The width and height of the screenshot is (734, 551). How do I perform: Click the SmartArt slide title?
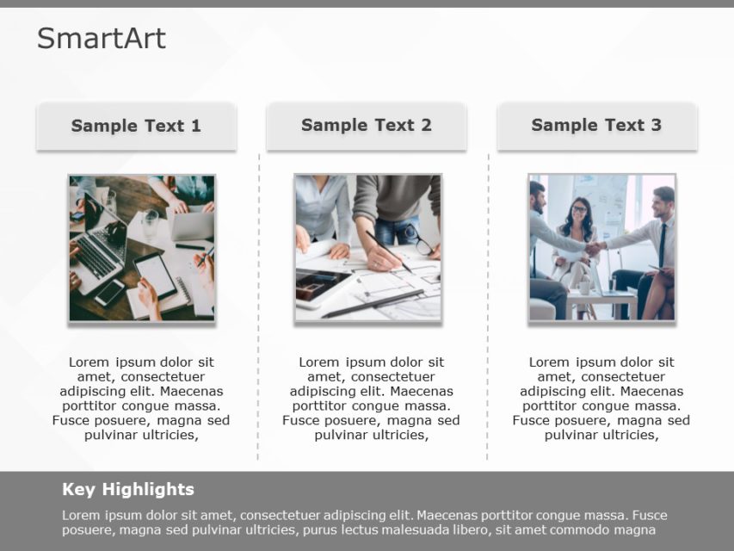(x=101, y=39)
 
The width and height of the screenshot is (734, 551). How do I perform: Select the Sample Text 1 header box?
(x=136, y=126)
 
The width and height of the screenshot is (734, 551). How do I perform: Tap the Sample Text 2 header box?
(x=367, y=126)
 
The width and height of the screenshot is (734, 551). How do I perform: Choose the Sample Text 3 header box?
(x=596, y=126)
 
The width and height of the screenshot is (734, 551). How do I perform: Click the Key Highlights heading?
(x=128, y=490)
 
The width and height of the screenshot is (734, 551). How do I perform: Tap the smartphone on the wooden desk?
(x=109, y=293)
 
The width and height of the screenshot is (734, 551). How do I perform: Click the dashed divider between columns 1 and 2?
(x=258, y=310)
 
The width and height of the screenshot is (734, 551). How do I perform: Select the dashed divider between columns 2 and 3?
(x=488, y=310)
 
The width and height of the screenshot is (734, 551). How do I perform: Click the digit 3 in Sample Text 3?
(x=656, y=126)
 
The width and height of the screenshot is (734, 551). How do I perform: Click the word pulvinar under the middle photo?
(x=341, y=435)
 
